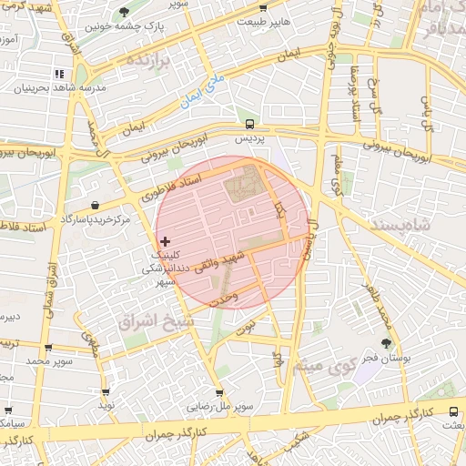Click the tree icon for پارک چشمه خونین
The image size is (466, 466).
[x=124, y=12]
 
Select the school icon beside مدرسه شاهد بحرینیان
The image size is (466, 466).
[x=59, y=74]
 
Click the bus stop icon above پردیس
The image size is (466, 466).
[x=249, y=123]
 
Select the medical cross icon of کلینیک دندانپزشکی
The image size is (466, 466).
[x=164, y=241]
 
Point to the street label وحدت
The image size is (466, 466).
[x=222, y=298]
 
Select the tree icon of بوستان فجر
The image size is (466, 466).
[x=387, y=343]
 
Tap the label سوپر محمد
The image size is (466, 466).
[x=47, y=361]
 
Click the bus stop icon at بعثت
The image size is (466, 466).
[x=454, y=410]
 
